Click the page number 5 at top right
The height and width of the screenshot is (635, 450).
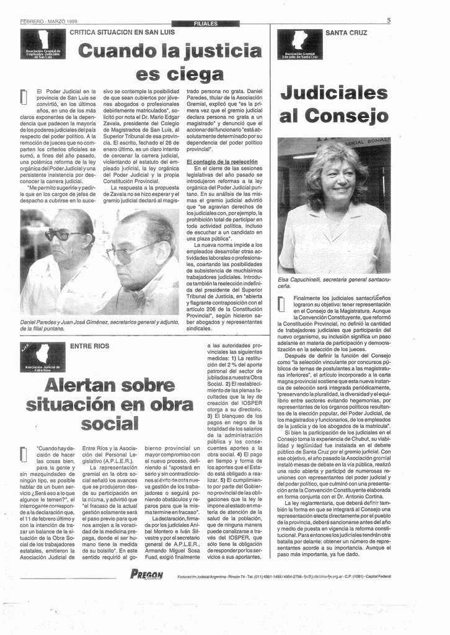pyautogui.click(x=388, y=20)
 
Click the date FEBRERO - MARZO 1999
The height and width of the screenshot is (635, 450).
pyautogui.click(x=53, y=21)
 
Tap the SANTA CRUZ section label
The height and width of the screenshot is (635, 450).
pyautogui.click(x=346, y=32)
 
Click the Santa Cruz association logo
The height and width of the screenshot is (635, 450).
pyautogui.click(x=299, y=44)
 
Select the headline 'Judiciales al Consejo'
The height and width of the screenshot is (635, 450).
pyautogui.click(x=334, y=105)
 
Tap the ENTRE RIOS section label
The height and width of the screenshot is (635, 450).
pyautogui.click(x=89, y=345)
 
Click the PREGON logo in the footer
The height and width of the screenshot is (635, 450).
pyautogui.click(x=147, y=575)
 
